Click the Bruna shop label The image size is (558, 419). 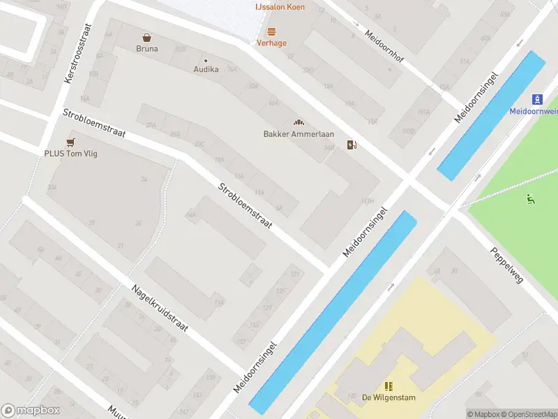147,49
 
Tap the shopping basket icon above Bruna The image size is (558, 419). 147,38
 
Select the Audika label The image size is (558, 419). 206,69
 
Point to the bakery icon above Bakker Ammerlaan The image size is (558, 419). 299,123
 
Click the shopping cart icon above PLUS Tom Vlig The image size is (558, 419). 71,142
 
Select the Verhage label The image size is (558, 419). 271,43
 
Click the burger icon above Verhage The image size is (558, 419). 271,31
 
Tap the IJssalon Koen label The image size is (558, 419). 279,7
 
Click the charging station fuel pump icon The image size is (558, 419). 354,145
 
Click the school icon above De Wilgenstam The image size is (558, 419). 389,386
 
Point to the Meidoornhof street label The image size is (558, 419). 384,45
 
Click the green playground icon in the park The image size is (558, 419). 531,199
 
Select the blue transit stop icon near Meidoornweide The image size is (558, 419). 538,99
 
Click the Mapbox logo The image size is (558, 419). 31,410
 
